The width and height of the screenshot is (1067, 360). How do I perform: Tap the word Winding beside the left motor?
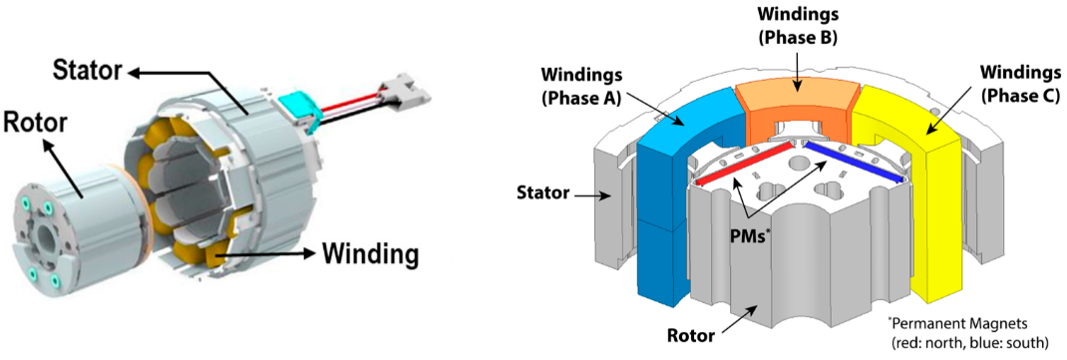(369, 253)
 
